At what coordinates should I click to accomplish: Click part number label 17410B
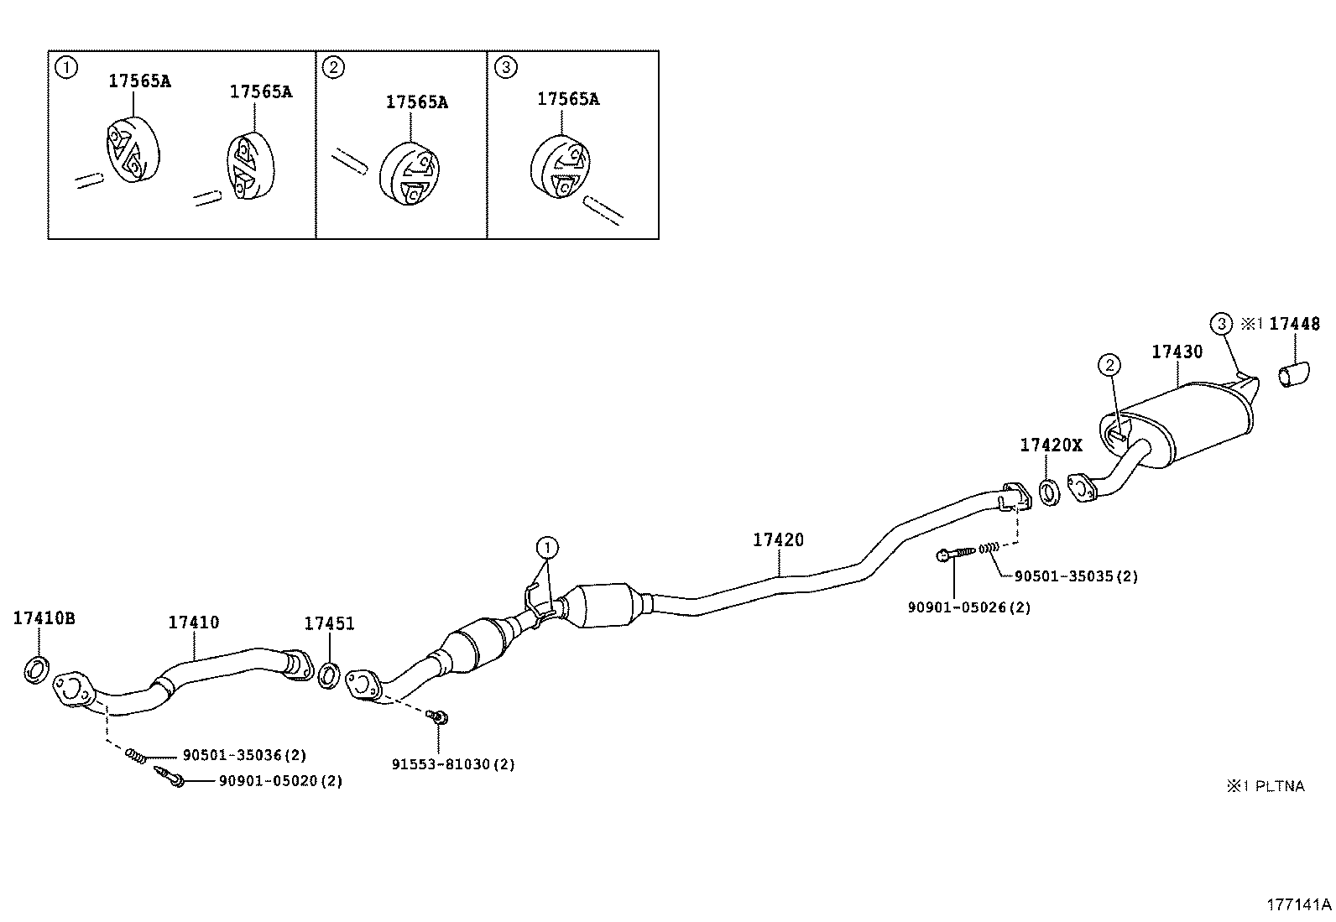pyautogui.click(x=44, y=619)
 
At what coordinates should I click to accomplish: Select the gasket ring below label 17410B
pyautogui.click(x=34, y=671)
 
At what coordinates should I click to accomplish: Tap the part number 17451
pyautogui.click(x=329, y=623)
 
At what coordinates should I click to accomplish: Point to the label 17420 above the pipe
pyautogui.click(x=777, y=540)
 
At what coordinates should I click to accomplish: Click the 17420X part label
pyautogui.click(x=1051, y=445)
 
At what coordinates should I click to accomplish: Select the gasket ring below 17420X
pyautogui.click(x=1048, y=492)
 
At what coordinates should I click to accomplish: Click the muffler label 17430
pyautogui.click(x=1177, y=352)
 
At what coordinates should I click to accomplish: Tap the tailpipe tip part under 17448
pyautogui.click(x=1293, y=375)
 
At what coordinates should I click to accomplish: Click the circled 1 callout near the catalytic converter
pyautogui.click(x=547, y=549)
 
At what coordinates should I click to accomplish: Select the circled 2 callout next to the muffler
pyautogui.click(x=1109, y=364)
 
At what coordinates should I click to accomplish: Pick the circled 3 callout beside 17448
pyautogui.click(x=1221, y=323)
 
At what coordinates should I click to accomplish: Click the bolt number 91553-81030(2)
pyautogui.click(x=453, y=764)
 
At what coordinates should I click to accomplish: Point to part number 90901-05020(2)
pyautogui.click(x=280, y=781)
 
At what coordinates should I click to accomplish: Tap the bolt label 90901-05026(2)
pyautogui.click(x=968, y=607)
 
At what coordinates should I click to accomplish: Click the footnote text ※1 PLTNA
pyautogui.click(x=1266, y=786)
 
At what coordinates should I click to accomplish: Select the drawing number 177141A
pyautogui.click(x=1298, y=905)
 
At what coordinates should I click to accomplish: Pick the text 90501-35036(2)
pyautogui.click(x=244, y=756)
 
